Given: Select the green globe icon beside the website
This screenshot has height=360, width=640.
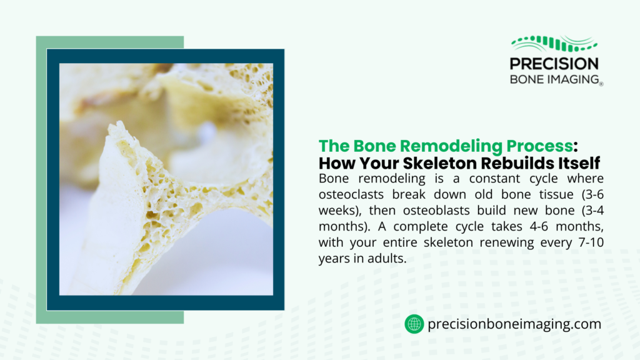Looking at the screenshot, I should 414,324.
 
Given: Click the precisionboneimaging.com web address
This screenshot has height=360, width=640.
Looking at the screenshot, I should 514,324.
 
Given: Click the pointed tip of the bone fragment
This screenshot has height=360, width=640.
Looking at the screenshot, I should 114,126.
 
